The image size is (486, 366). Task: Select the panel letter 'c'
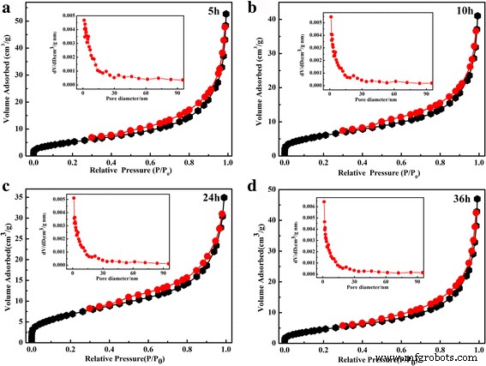(7, 189)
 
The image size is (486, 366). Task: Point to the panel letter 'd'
(251, 189)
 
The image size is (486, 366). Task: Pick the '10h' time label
(460, 11)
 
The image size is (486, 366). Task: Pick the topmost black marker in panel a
(226, 15)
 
